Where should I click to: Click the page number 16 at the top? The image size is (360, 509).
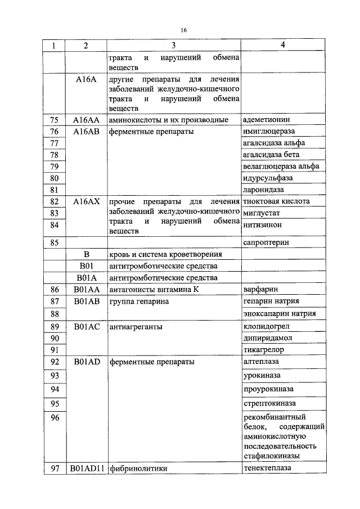coord(183,30)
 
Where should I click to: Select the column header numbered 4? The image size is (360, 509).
coord(282,46)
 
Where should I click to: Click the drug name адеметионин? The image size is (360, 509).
coord(265,120)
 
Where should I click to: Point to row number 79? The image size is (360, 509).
coord(55,166)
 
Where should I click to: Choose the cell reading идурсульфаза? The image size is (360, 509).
coord(268,178)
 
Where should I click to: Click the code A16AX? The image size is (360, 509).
coord(86,201)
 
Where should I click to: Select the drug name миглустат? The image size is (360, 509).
coord(262,214)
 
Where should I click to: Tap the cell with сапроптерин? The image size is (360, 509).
coord(267,244)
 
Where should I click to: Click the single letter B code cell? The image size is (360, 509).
coord(86,254)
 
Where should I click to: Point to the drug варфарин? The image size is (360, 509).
coord(260,290)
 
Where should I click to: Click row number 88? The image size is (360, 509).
coord(55,313)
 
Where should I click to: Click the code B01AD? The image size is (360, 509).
coord(86,362)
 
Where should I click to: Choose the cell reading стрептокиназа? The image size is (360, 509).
coord(269,404)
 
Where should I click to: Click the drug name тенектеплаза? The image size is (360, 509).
coord(268,468)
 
